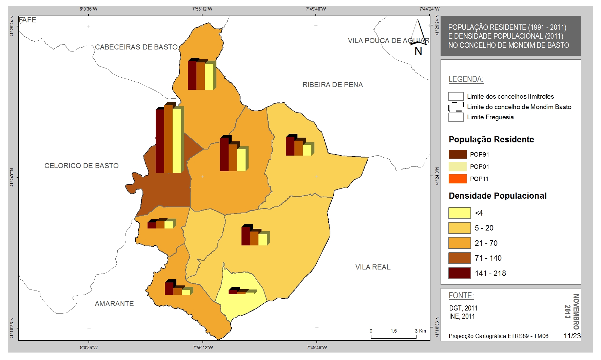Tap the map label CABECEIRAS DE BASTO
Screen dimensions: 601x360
pos(136,47)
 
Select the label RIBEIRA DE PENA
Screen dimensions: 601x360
pos(333,85)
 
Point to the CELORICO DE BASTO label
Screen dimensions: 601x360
pos(82,166)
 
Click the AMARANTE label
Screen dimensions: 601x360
pos(114,304)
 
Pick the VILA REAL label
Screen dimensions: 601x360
pos(373,267)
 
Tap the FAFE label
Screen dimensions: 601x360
pos(27,20)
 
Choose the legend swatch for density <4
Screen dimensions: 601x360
pos(460,213)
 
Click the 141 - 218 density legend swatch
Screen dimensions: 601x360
pos(460,273)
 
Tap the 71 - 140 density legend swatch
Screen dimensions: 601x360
pos(460,258)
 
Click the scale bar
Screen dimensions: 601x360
pos(394,337)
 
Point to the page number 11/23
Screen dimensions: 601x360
pos(572,336)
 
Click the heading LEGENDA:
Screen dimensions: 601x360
pos(466,79)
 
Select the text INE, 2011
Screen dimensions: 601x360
pos(462,316)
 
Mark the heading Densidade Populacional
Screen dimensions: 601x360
pos(498,196)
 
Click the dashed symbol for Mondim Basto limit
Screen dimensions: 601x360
pos(456,107)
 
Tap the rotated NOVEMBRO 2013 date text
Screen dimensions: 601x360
pos(572,312)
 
